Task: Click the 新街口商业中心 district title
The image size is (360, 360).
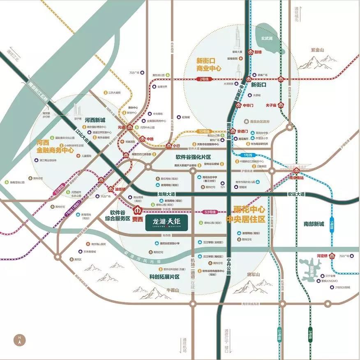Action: pos(209,65)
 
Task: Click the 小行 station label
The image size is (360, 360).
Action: pos(176,146)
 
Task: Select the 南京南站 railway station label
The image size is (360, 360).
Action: pos(296,177)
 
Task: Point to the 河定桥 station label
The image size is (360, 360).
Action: pos(322,255)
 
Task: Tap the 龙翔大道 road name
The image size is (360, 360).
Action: pos(166,194)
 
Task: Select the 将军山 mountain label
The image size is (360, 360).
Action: pos(254,274)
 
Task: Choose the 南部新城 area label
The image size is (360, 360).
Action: pos(314,224)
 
